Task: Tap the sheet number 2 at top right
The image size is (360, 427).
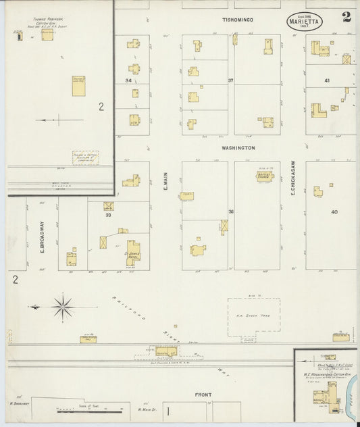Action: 346,18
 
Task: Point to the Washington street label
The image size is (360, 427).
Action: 238,147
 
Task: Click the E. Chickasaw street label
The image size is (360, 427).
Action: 294,182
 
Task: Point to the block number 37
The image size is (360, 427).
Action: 230,80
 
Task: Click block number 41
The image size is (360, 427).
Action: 326,81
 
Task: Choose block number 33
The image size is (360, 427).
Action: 107,216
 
